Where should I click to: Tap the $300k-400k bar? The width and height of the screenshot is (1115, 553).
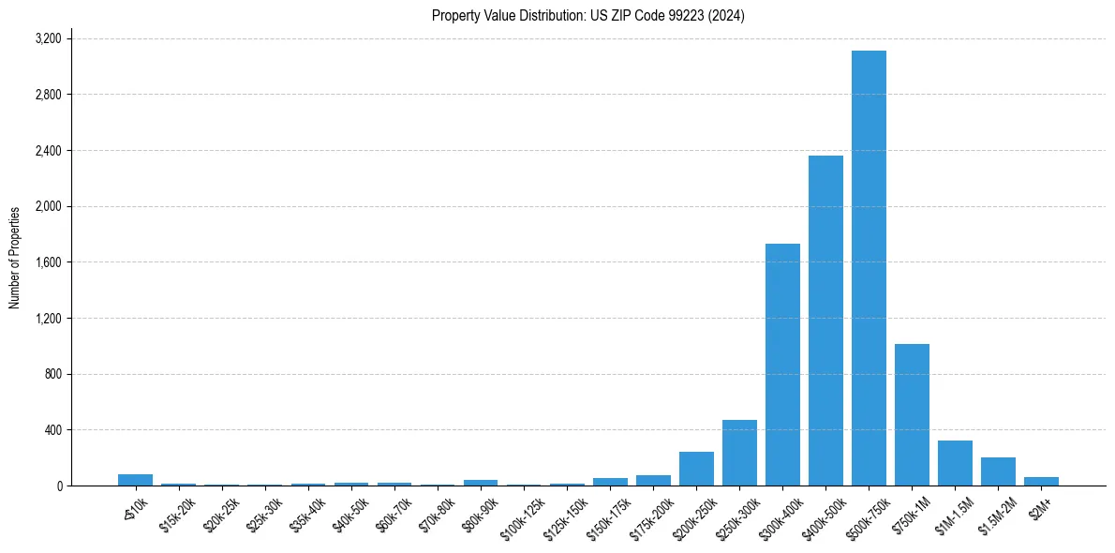[x=782, y=365]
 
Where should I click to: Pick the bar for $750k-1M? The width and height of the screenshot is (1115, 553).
[x=912, y=415]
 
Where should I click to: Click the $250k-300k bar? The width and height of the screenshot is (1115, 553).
[x=739, y=454]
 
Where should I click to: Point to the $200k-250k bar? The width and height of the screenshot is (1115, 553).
[x=696, y=470]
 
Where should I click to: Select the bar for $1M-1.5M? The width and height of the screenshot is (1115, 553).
[x=955, y=464]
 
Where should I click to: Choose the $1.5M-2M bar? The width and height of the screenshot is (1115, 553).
[x=998, y=472]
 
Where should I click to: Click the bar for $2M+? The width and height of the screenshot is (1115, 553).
[x=1041, y=482]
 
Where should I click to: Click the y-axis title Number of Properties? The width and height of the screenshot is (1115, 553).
[x=15, y=258]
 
